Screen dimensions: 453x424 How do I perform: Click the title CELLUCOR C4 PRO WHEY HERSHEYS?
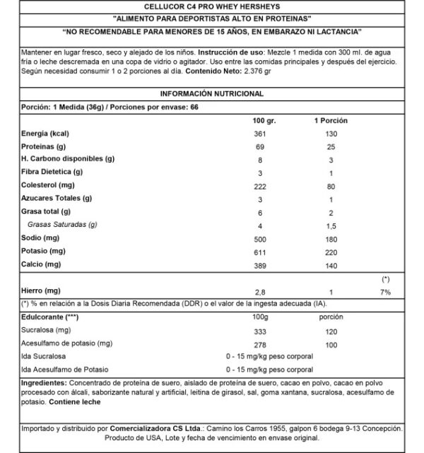point(211,7)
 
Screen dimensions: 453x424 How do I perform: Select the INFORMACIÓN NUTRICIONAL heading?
point(211,94)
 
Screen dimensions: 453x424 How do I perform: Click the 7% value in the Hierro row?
point(386,291)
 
